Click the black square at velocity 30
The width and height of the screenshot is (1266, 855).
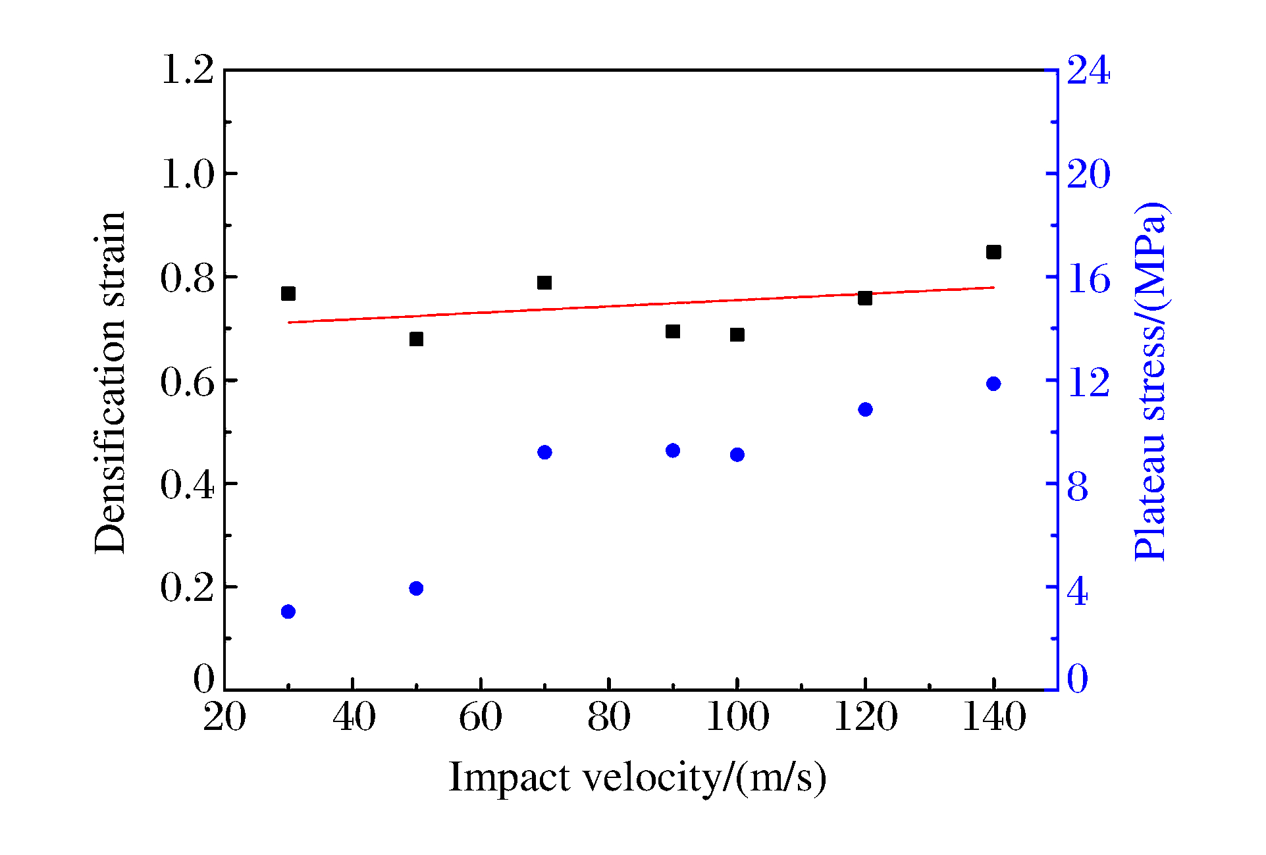[288, 294]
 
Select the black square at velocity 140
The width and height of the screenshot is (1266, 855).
[993, 252]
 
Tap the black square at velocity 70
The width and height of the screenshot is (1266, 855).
[544, 283]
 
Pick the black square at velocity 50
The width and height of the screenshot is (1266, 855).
[416, 339]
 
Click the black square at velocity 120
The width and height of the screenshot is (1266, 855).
[865, 298]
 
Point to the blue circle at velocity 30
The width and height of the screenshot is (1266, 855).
[288, 611]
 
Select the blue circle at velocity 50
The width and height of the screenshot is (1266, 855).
[416, 588]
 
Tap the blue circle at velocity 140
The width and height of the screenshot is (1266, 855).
[993, 384]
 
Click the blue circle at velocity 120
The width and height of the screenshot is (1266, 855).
[865, 409]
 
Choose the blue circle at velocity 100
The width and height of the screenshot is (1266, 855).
[737, 455]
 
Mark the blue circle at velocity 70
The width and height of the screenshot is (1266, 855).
[544, 452]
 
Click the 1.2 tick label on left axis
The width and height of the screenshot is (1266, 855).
[188, 70]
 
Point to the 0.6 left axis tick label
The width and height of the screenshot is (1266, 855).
[188, 381]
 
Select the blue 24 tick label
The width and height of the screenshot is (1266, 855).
[1088, 70]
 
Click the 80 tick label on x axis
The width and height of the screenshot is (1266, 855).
[609, 717]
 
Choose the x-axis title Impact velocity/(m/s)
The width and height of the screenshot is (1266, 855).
[637, 777]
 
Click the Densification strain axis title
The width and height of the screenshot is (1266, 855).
[109, 382]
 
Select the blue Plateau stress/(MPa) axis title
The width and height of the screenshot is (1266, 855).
[1151, 382]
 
